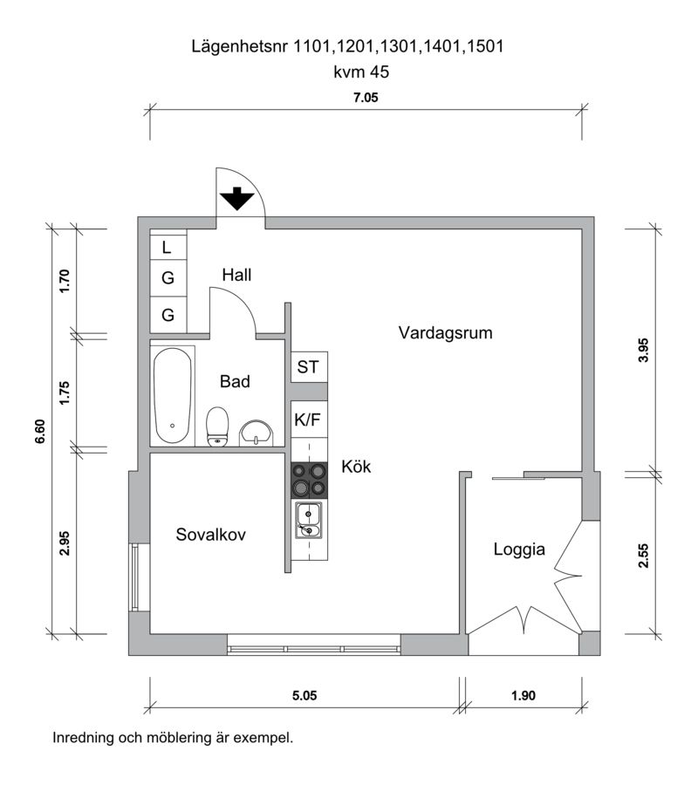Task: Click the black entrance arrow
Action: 236,200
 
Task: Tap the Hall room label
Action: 236,275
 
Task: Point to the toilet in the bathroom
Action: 217,425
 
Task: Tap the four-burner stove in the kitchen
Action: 309,479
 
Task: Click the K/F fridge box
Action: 308,420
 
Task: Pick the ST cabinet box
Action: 308,367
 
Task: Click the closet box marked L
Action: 168,248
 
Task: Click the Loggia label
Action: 519,549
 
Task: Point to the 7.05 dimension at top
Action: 366,99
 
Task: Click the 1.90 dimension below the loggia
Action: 523,695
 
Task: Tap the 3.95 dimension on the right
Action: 644,349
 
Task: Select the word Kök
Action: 356,467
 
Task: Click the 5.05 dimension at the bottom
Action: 304,695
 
